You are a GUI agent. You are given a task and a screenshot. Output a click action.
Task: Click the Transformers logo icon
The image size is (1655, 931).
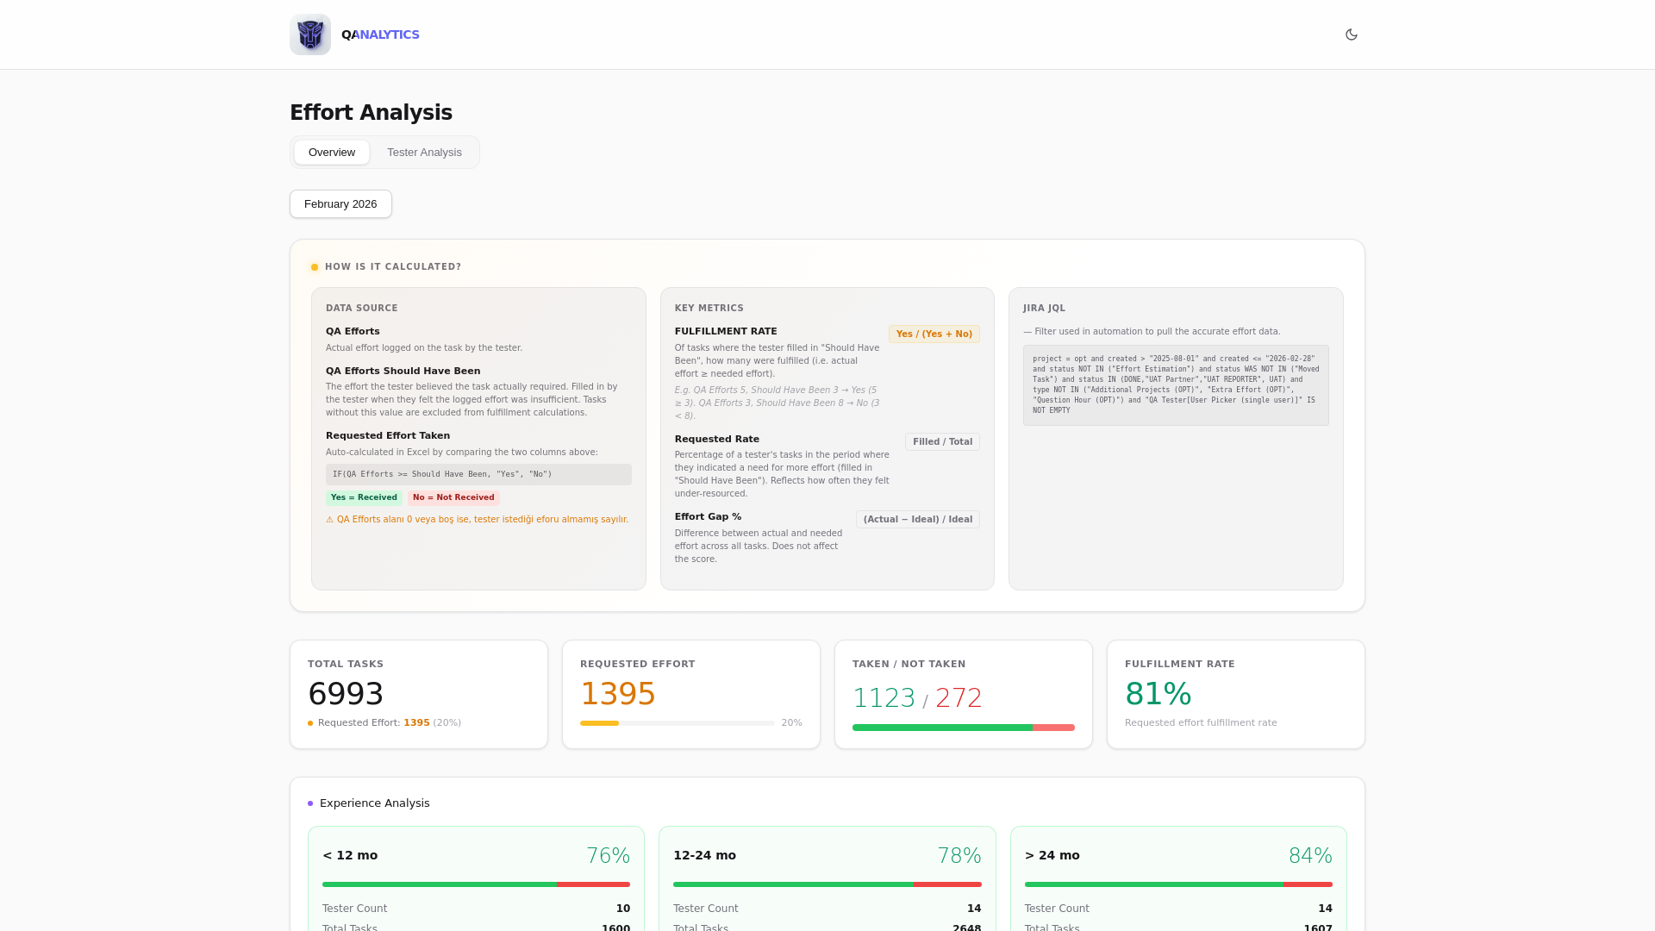[x=310, y=34]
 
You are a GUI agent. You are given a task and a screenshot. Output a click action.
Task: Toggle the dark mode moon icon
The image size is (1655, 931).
[x=1351, y=34]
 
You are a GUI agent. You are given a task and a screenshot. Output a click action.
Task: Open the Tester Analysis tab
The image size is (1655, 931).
[x=424, y=153]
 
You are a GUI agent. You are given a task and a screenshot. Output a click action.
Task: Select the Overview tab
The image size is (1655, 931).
[x=332, y=153]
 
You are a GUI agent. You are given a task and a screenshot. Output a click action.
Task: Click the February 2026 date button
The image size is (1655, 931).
[x=340, y=204]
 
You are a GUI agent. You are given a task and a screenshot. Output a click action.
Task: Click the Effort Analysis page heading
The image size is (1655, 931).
[x=371, y=113]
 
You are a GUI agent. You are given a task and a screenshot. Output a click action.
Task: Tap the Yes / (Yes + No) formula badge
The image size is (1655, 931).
[x=934, y=334]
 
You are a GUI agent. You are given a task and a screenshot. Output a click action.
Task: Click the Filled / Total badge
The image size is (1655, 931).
[x=942, y=442]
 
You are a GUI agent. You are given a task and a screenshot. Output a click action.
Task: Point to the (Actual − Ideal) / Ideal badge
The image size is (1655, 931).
[x=917, y=520]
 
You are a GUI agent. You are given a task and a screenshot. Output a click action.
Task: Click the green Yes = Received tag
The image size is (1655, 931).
[x=364, y=497]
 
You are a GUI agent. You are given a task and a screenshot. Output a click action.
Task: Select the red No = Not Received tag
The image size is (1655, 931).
[x=453, y=497]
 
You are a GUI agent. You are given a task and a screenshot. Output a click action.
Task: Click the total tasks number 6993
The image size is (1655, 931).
[x=346, y=694]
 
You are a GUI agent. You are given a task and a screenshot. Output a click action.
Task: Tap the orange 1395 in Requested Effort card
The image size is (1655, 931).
[x=618, y=694]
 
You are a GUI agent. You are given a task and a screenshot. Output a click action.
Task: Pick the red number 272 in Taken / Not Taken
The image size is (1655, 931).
[x=959, y=698]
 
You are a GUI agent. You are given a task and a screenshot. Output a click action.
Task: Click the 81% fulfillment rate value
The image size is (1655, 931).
[x=1158, y=694]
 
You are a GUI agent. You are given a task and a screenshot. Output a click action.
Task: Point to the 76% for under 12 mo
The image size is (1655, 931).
[x=608, y=856]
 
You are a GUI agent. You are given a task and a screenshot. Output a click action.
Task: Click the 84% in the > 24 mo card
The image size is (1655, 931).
[x=1309, y=856]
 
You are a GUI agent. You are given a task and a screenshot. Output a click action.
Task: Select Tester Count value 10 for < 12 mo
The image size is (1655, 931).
[x=622, y=909]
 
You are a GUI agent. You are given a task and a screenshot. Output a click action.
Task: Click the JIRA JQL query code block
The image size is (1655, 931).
[x=1176, y=385]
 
